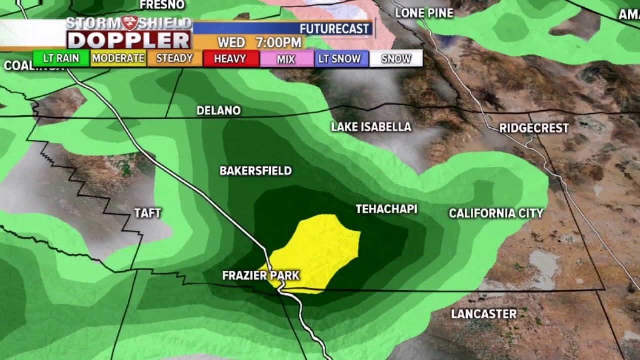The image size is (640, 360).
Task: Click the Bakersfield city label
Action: point(255,171)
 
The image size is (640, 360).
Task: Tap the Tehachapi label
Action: point(386,209)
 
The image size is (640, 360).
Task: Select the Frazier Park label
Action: point(261,275)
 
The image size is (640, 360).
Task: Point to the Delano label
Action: point(218,110)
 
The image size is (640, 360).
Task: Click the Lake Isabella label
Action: point(371,127)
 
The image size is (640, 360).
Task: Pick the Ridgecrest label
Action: point(534,128)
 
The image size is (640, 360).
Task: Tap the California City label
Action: point(496,213)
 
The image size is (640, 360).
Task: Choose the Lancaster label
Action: point(483,314)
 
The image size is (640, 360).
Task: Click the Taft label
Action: point(148,213)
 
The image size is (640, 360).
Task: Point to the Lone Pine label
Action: point(424,13)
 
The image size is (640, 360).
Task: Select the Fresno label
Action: point(162,5)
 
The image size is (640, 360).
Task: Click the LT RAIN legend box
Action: point(61,58)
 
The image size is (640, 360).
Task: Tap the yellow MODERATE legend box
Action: point(118,58)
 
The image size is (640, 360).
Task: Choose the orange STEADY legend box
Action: point(174,58)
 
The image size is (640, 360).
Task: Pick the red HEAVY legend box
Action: point(230,58)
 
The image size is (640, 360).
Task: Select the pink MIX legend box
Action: point(286,59)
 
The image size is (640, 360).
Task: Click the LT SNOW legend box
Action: point(340,58)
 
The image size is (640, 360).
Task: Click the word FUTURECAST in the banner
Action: point(334,29)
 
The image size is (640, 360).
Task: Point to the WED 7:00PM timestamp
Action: point(259,42)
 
